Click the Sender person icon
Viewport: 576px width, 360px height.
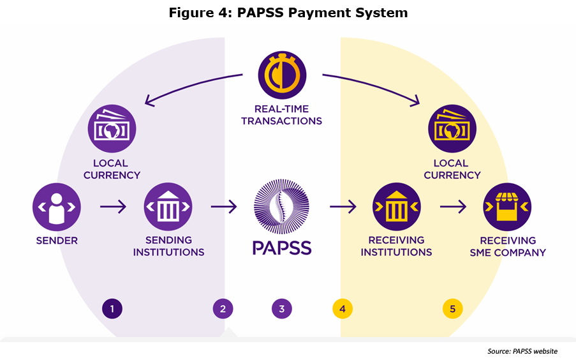pyautogui.click(x=57, y=207)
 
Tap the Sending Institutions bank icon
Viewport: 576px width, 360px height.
pyautogui.click(x=168, y=207)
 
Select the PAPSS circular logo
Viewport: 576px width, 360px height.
pyautogui.click(x=281, y=206)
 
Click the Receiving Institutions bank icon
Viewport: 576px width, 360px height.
pyautogui.click(x=396, y=207)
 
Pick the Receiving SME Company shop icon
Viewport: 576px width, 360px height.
pyautogui.click(x=507, y=207)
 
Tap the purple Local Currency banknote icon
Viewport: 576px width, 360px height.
pyautogui.click(x=112, y=129)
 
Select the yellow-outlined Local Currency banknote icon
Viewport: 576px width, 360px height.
pyautogui.click(x=452, y=129)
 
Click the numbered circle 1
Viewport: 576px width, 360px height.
pyautogui.click(x=112, y=309)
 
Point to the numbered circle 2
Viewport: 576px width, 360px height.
pyautogui.click(x=223, y=309)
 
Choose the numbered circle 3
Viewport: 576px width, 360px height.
pyautogui.click(x=281, y=309)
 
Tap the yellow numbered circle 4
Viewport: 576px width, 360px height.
pyautogui.click(x=343, y=309)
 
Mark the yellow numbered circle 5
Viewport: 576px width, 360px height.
pyautogui.click(x=453, y=309)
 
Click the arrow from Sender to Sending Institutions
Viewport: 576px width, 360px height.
pyautogui.click(x=113, y=207)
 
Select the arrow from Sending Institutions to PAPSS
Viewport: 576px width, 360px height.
pyautogui.click(x=223, y=207)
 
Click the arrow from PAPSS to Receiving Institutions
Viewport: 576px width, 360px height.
pyautogui.click(x=343, y=207)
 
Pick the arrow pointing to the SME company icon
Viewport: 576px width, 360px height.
pyautogui.click(x=453, y=207)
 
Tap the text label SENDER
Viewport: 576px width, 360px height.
pyautogui.click(x=57, y=241)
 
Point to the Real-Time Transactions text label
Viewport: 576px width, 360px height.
pyautogui.click(x=281, y=115)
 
